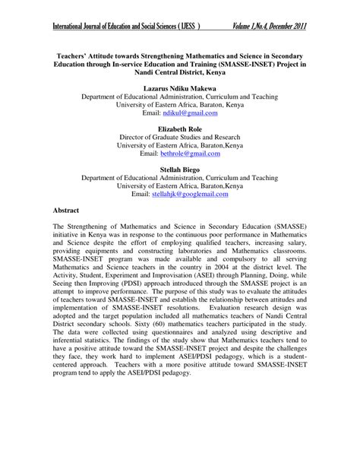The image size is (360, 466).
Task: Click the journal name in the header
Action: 125,28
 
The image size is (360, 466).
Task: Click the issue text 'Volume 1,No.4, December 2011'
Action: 269,28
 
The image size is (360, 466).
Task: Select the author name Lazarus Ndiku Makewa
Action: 179,90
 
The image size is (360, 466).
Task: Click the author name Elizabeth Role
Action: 179,130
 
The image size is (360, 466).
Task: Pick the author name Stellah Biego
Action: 179,169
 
